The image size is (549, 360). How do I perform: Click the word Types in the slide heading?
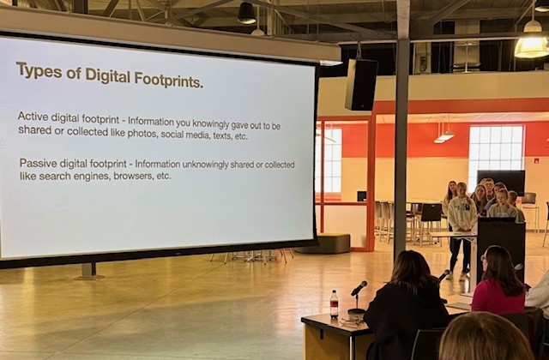pos(39,70)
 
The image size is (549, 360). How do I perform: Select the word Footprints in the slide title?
pos(169,80)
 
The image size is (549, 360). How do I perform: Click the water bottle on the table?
pos(335,303)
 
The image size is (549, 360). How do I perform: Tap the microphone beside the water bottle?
pos(359,289)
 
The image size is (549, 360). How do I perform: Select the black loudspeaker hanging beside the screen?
pos(361,85)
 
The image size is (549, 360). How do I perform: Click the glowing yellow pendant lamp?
pos(532,45)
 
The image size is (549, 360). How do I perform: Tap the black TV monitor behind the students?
pos(501,181)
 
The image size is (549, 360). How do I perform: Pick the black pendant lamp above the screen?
pos(246,13)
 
